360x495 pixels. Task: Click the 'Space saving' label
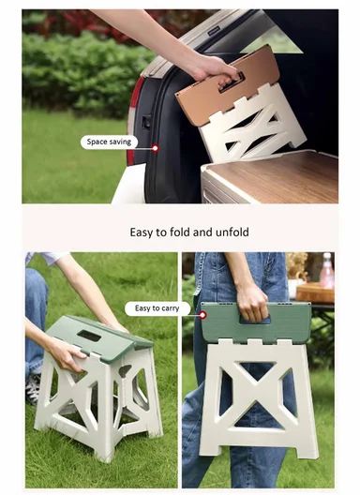[x=109, y=142]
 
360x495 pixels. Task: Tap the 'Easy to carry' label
[x=157, y=308]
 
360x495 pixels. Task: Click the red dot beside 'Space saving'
[x=155, y=148]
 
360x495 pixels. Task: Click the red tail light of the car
[x=137, y=94]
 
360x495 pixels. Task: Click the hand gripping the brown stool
[x=213, y=67]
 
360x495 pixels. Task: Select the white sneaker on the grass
[x=33, y=388]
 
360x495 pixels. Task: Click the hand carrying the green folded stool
[x=251, y=302]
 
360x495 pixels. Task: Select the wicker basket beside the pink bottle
[x=313, y=292]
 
